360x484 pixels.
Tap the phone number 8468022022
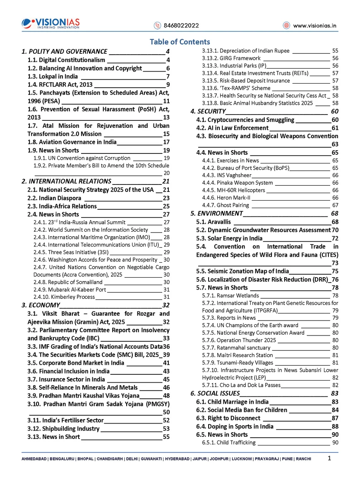pos(181,26)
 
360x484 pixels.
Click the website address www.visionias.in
pos(314,26)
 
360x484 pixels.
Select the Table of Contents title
pos(180,42)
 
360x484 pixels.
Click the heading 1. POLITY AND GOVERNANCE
pos(64,52)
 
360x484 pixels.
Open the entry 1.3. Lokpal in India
pos(53,77)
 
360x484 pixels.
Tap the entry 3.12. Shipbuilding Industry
pos(63,429)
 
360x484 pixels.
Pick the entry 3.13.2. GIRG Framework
pos(231,58)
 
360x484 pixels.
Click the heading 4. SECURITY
pos(208,112)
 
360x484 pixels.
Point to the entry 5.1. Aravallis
pos(211,222)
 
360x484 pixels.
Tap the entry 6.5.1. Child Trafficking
pos(229,443)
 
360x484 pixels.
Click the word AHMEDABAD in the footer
pos(34,459)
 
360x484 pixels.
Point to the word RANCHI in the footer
pos(303,459)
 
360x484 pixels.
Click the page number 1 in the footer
pos(329,458)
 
